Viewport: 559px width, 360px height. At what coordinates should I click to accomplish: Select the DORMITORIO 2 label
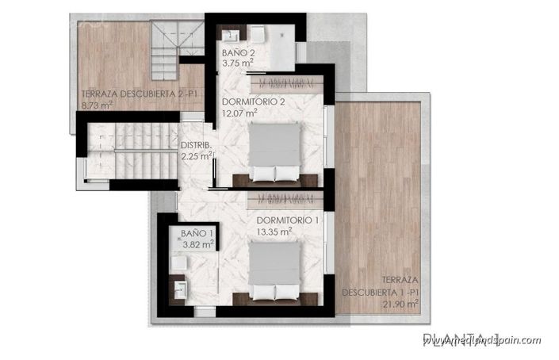click(254, 103)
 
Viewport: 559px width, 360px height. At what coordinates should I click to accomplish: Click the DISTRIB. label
click(195, 145)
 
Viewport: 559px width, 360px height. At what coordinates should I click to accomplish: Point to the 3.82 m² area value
click(197, 244)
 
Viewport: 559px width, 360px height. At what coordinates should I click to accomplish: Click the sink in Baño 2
click(233, 35)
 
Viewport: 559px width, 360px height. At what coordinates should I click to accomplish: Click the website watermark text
click(481, 340)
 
